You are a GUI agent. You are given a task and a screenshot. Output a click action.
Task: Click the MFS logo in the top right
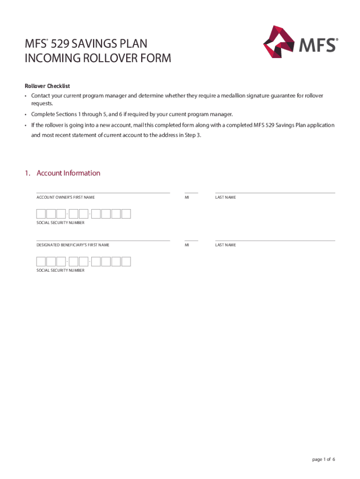(300, 42)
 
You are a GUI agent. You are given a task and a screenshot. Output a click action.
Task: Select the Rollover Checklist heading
(47, 86)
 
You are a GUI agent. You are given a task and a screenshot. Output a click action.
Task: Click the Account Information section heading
(68, 173)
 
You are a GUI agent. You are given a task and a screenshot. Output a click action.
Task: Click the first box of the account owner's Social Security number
(41, 214)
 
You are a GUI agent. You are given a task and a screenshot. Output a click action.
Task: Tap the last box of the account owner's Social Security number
(126, 214)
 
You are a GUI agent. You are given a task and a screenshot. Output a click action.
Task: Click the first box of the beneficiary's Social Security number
(41, 261)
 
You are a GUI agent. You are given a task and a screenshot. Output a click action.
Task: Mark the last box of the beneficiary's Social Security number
(126, 261)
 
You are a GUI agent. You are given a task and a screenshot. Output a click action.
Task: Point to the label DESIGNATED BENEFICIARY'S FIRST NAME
(73, 245)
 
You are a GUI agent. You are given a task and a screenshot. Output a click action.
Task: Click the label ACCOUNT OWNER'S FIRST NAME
(65, 197)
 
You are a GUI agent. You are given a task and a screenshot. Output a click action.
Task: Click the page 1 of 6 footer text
(324, 459)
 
